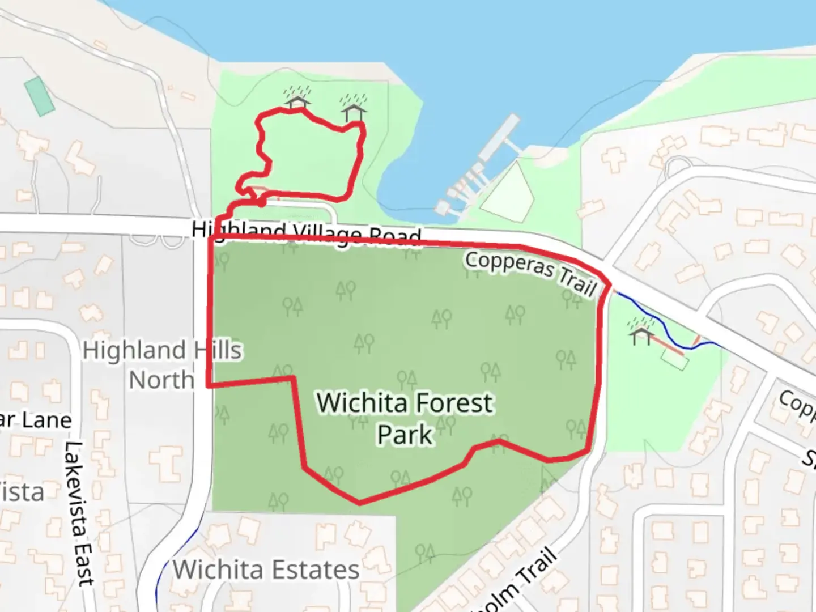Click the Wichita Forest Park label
tap(405, 418)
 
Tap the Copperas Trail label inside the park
tap(531, 273)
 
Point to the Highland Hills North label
tap(162, 365)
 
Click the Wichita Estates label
tap(266, 569)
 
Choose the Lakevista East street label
tap(79, 513)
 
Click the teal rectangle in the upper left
tap(40, 96)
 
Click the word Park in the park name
tap(405, 435)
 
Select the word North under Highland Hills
tap(162, 380)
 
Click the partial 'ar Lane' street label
tap(36, 420)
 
